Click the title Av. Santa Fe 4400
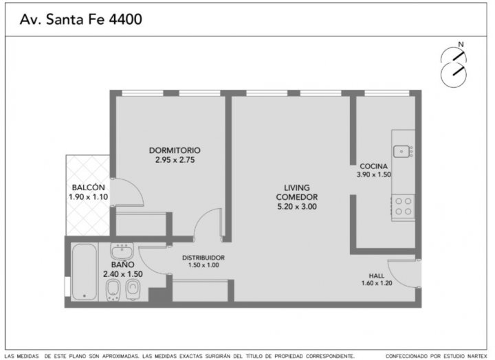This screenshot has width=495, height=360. tap(81, 19)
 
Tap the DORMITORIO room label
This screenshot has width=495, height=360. tap(175, 150)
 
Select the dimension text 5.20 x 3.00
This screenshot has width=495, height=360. tap(297, 207)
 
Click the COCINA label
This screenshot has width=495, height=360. tap(373, 166)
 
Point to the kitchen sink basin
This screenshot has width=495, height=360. tap(401, 151)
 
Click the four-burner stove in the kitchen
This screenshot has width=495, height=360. tap(403, 206)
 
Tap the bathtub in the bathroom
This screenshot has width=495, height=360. tap(84, 272)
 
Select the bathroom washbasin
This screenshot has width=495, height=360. tap(122, 251)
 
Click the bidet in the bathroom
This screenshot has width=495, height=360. tap(113, 290)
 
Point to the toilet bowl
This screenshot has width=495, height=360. tap(133, 289)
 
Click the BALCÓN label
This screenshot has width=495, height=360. tap(89, 188)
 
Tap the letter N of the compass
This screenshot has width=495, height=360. tap(461, 45)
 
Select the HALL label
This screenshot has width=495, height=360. tap(377, 275)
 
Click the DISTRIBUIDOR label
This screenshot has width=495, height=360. tap(203, 258)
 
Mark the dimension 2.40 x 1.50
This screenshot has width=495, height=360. tap(123, 274)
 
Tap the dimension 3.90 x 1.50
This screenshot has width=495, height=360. tap(374, 175)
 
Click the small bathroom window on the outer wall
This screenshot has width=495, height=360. tap(67, 286)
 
